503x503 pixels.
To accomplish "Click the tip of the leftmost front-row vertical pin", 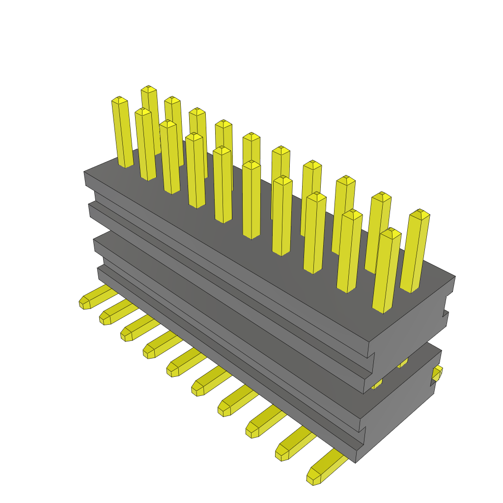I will click(x=119, y=100).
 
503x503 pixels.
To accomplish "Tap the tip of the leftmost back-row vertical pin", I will click(x=148, y=89).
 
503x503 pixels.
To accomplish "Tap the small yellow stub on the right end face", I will click(x=437, y=374).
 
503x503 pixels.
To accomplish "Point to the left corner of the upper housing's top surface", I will click(x=84, y=172).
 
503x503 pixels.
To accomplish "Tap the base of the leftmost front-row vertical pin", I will click(x=126, y=165).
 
